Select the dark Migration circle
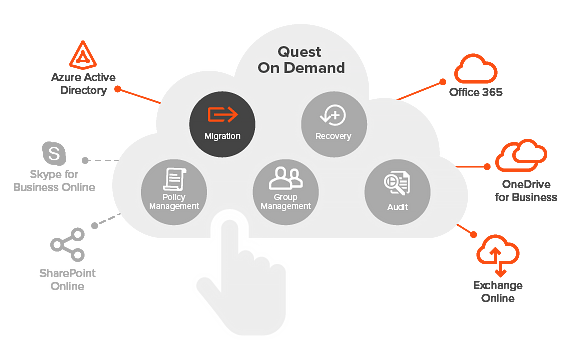pos(222,123)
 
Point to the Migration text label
pos(222,136)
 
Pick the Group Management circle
pos(286,190)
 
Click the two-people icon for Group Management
pos(286,178)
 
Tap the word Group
pos(286,198)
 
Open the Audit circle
pos(397,190)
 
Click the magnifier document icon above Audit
pos(397,182)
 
